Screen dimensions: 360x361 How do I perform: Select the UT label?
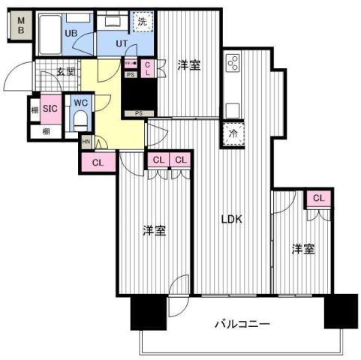coord(121,43)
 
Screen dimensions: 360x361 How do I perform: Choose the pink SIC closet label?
coord(50,108)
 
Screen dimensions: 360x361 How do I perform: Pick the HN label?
coord(87,142)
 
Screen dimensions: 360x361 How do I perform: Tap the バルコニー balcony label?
coord(242,324)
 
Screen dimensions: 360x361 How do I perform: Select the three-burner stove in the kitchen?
coord(231,62)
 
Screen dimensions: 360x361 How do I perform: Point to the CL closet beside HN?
coord(98,161)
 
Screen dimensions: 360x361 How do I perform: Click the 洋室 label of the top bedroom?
coord(188,65)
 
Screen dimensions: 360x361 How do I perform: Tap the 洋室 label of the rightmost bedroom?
coord(303,248)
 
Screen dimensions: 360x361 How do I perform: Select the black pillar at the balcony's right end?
coord(341,311)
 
